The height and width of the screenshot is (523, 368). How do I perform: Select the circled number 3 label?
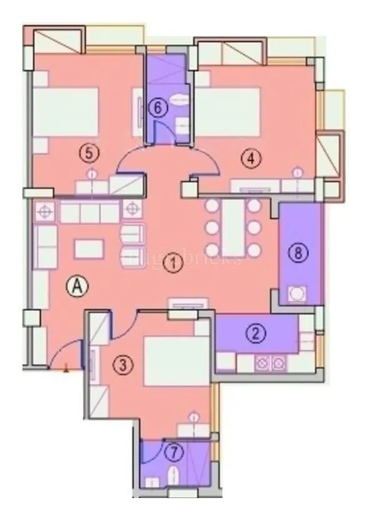click(x=126, y=365)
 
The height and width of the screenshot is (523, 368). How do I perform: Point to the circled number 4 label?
click(x=251, y=159)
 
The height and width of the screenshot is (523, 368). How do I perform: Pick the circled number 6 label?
click(x=159, y=108)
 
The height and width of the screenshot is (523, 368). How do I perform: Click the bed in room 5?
click(x=65, y=111)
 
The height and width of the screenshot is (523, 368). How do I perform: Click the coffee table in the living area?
click(x=87, y=248)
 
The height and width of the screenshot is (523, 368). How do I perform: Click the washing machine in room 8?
click(x=298, y=293)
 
